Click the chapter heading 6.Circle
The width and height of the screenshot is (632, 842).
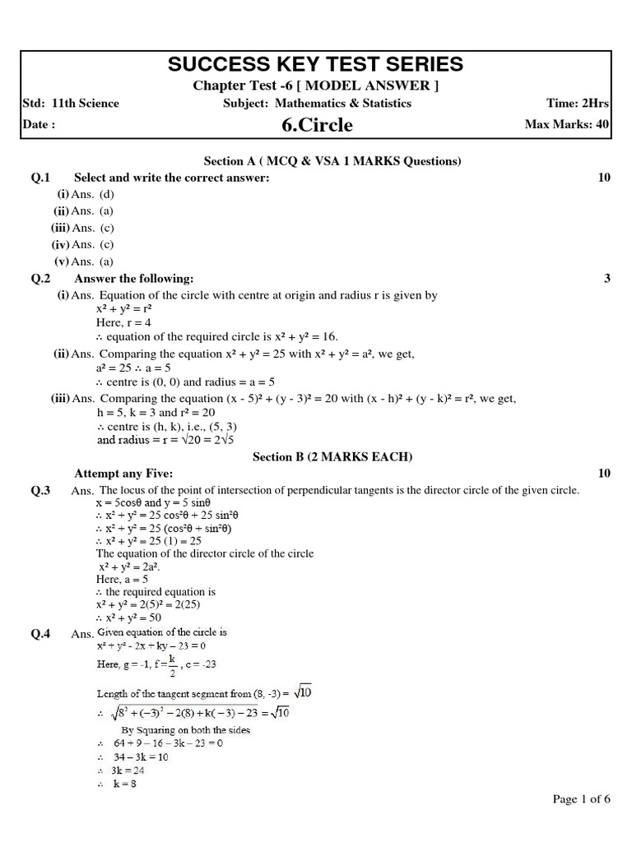pos(316,125)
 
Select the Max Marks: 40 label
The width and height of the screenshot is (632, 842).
pos(567,125)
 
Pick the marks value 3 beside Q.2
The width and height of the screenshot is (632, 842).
pos(606,279)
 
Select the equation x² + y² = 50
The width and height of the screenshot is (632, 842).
pos(129,617)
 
